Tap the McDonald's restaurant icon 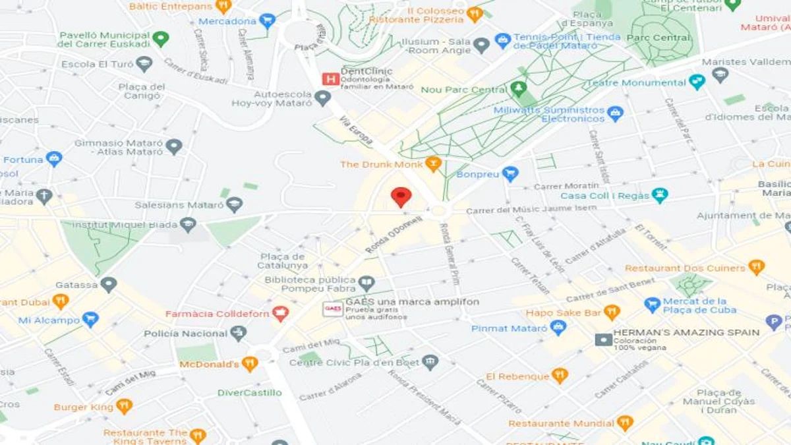[x=249, y=364]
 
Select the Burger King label [x=84, y=407]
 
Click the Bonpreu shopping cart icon [x=510, y=174]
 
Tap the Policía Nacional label [x=185, y=334]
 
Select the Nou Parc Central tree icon [x=519, y=89]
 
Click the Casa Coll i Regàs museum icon [x=659, y=195]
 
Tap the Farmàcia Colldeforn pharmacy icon [x=281, y=314]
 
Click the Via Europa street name [x=357, y=130]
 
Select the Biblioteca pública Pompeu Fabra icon [x=366, y=283]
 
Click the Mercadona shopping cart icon [x=266, y=21]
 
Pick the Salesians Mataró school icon [x=234, y=205]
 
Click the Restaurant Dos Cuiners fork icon [x=756, y=268]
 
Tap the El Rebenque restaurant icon [x=559, y=376]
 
